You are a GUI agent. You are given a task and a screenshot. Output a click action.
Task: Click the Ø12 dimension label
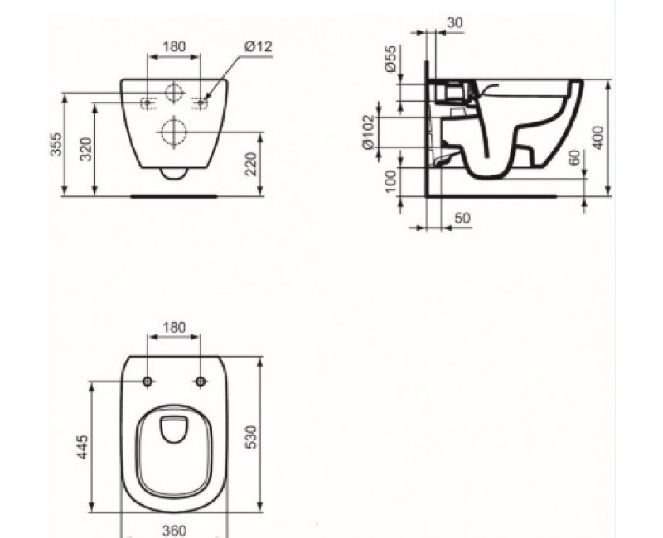(x=259, y=47)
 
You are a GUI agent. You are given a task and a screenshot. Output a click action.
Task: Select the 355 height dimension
(x=56, y=147)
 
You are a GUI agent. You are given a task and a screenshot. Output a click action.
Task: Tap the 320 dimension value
(x=85, y=150)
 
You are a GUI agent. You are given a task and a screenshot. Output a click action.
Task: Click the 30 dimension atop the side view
(x=455, y=23)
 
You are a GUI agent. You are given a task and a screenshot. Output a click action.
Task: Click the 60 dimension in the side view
(x=575, y=158)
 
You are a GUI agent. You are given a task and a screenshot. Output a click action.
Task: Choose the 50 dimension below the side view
(x=462, y=218)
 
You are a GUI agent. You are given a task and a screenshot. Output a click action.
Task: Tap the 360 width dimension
(x=174, y=531)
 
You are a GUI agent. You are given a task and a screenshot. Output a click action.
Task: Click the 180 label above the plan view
(x=174, y=328)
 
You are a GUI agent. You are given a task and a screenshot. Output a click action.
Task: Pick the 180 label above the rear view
(x=174, y=47)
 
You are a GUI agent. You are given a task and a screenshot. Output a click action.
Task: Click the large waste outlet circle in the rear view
(x=174, y=131)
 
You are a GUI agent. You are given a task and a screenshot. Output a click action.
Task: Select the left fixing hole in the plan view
(x=148, y=381)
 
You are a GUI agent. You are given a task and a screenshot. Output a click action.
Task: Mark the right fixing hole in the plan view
(x=200, y=381)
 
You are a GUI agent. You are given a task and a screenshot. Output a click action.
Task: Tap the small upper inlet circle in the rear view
(x=174, y=93)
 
